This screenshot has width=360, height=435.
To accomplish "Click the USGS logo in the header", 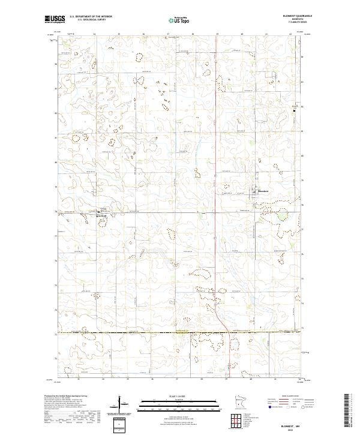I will (x=55, y=20).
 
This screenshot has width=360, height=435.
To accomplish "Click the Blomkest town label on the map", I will (x=265, y=191).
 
